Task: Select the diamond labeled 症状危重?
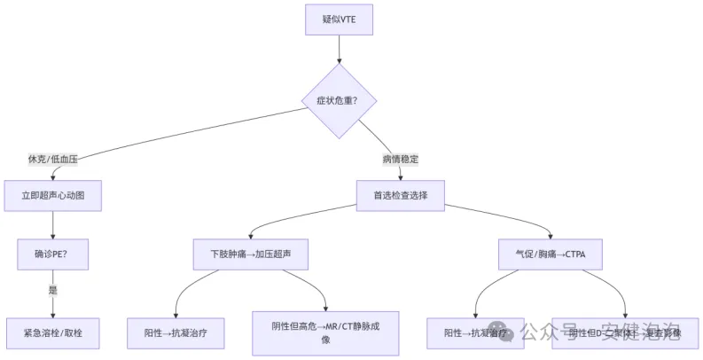coord(340,100)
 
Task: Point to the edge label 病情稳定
coord(400,160)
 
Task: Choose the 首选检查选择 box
coord(400,196)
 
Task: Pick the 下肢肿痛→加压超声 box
coord(251,254)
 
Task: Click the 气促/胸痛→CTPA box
coord(550,254)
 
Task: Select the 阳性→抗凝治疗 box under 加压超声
coord(176,333)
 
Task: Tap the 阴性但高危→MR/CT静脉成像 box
coord(325,333)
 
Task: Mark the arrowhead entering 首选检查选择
coord(400,177)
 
